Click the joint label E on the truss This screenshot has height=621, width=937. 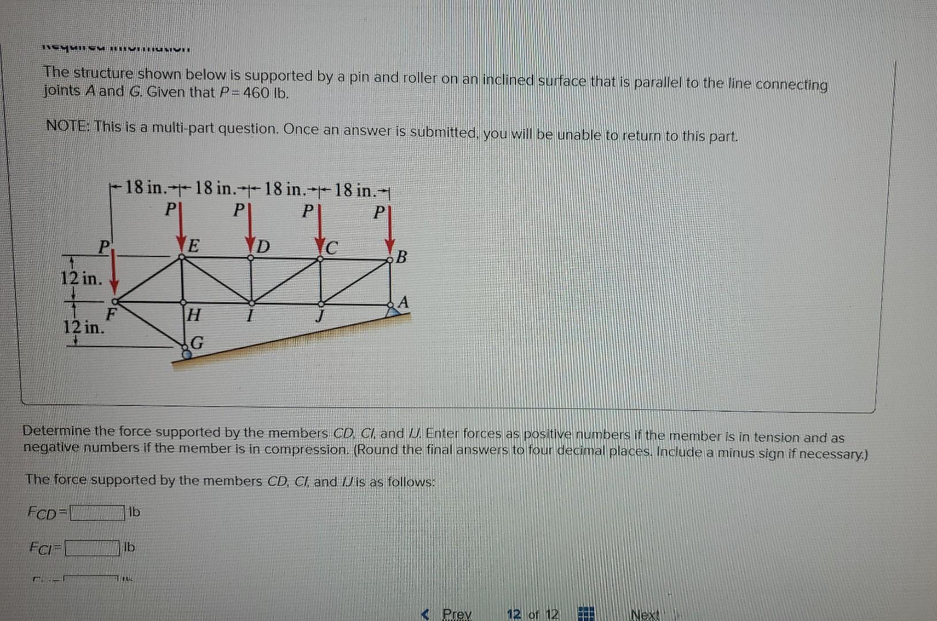194,246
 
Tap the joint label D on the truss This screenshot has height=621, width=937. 263,247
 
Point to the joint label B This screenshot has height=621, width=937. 401,256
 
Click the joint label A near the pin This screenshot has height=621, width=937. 403,301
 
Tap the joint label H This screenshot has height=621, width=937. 194,315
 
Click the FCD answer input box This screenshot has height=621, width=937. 97,512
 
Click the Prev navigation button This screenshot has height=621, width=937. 450,614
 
